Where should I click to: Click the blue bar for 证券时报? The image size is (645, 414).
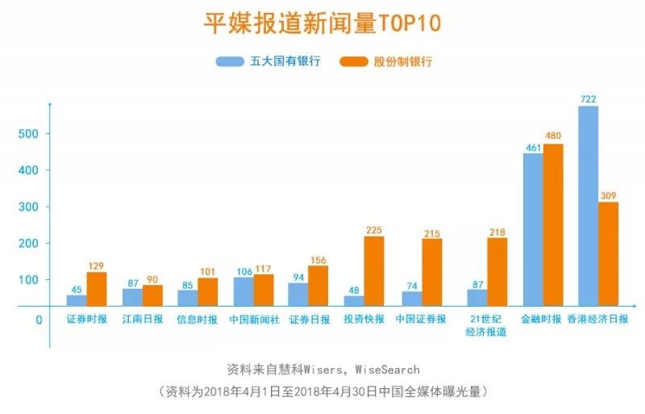(77, 300)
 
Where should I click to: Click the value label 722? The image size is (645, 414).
(589, 99)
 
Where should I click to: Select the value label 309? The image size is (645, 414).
(608, 195)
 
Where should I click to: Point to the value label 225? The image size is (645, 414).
(374, 229)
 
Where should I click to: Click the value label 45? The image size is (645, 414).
(77, 288)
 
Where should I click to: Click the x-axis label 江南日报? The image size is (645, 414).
(143, 320)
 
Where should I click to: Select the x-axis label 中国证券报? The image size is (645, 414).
(421, 320)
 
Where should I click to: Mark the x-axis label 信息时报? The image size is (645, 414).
(198, 320)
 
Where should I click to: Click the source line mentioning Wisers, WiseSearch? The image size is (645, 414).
(322, 370)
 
